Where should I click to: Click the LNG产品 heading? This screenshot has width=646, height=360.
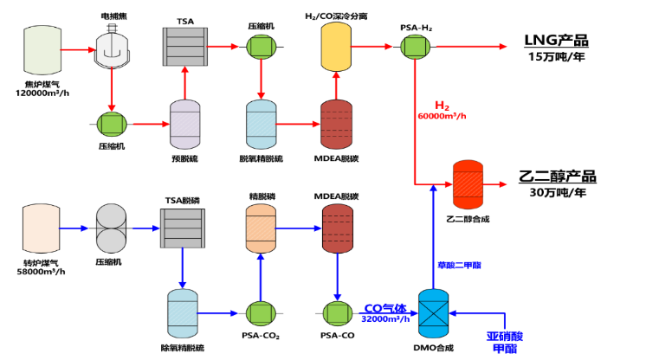(x=556, y=41)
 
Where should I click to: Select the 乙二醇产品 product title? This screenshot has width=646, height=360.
(x=558, y=177)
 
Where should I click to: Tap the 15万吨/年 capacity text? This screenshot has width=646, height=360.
(x=557, y=57)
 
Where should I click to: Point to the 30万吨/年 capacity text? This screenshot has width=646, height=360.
(x=558, y=192)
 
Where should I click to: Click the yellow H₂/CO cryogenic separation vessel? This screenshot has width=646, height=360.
(x=336, y=47)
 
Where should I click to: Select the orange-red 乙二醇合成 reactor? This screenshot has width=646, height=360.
(x=468, y=184)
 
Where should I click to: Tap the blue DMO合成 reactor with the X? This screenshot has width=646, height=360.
(x=434, y=313)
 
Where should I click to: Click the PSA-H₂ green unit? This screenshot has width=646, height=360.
(x=415, y=47)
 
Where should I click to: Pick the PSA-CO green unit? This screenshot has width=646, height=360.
(x=338, y=313)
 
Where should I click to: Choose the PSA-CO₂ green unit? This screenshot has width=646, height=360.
(x=261, y=313)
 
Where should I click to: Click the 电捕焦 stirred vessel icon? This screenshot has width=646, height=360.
(x=112, y=46)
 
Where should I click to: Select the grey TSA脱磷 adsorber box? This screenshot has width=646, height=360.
(x=183, y=228)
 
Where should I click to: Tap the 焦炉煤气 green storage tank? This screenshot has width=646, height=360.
(x=42, y=50)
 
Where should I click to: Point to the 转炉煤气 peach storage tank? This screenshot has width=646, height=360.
(x=42, y=228)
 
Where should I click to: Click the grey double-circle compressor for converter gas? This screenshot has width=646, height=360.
(x=111, y=228)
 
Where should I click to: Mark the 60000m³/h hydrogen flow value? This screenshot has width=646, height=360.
(x=442, y=116)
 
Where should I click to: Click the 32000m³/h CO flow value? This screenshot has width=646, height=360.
(x=385, y=318)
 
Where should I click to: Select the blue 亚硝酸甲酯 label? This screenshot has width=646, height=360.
(x=505, y=343)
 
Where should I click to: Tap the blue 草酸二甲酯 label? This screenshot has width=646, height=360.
(x=459, y=266)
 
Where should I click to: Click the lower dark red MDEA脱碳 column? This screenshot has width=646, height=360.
(x=338, y=228)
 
